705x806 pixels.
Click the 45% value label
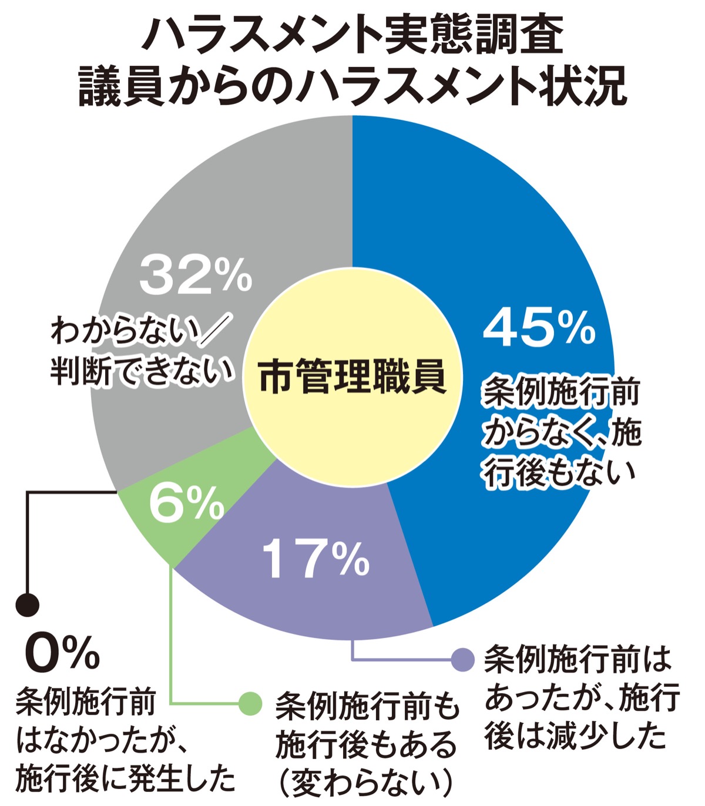tap(539, 328)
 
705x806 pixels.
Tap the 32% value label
tap(195, 276)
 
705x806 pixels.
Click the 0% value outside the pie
tap(62, 653)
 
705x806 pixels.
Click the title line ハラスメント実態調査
tap(352, 36)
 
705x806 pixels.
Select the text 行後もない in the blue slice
tap(560, 472)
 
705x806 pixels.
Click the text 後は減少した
tap(576, 736)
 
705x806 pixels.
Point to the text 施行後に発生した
tap(125, 778)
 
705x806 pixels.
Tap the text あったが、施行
tap(582, 698)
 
